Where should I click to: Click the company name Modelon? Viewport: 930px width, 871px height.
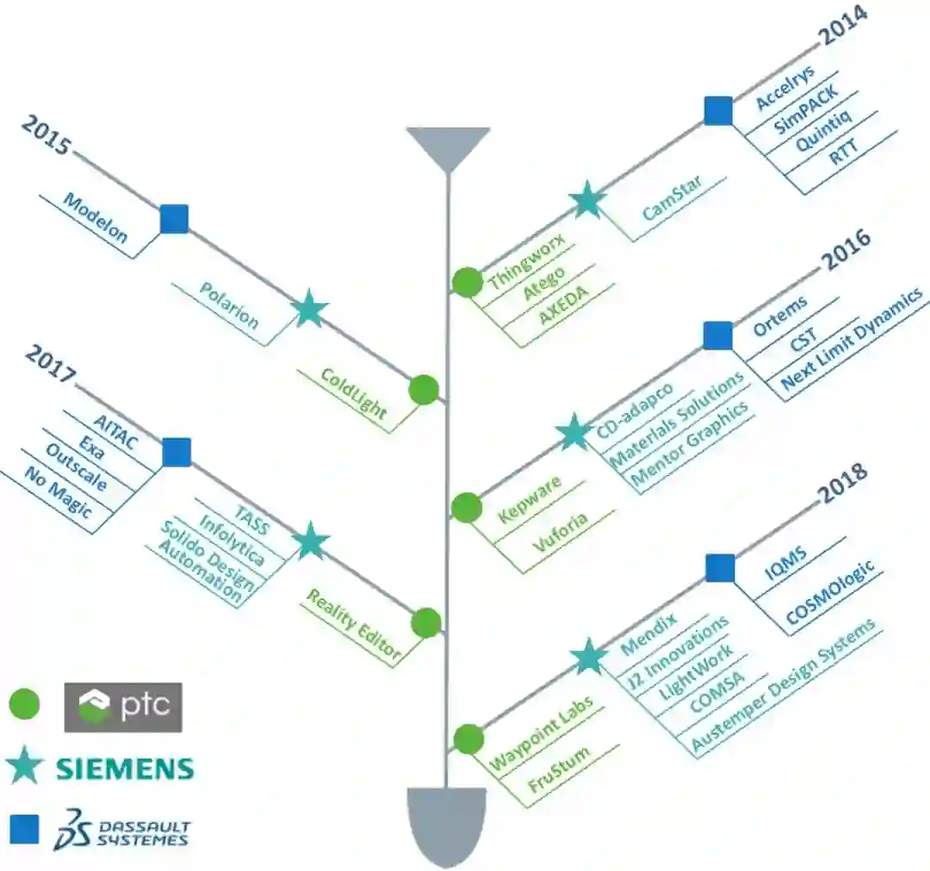[x=96, y=218]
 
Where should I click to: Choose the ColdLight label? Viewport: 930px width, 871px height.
[x=353, y=393]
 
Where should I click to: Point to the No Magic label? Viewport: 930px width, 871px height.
[x=58, y=497]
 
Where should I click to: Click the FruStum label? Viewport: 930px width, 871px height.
[x=560, y=770]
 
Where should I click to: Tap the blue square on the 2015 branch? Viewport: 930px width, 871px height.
[x=174, y=219]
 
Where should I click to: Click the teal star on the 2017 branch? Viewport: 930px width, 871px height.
[x=311, y=542]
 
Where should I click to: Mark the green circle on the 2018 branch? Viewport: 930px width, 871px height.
[x=468, y=739]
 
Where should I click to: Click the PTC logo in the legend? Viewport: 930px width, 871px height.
[x=123, y=707]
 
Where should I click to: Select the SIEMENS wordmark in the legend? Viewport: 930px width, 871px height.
[x=125, y=768]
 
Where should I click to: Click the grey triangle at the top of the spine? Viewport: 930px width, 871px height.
[x=448, y=146]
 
